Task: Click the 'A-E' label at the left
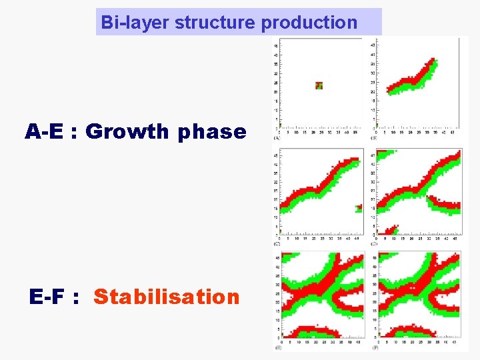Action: pos(47,132)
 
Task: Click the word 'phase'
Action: pos(212,132)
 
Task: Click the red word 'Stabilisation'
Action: pos(166,297)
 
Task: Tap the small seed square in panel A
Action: pos(319,85)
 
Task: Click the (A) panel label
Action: pos(276,138)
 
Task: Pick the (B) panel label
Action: pos(373,138)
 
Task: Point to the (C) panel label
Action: pos(276,244)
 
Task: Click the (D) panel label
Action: pos(373,244)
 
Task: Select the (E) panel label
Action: pos(276,348)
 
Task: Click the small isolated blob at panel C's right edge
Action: pos(359,208)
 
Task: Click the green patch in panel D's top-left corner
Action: pos(384,155)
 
